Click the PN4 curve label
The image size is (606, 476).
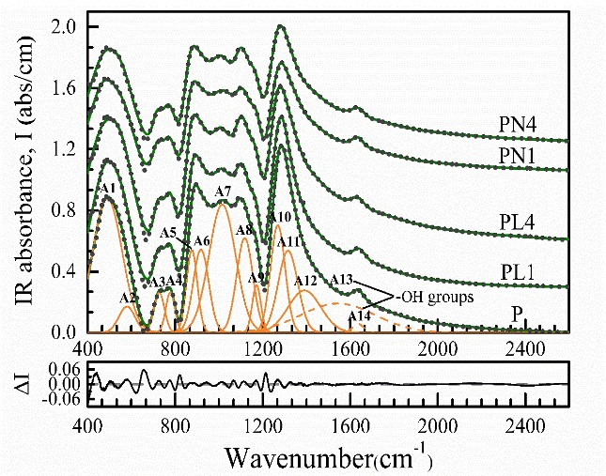click(x=518, y=123)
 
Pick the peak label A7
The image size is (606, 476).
click(x=223, y=192)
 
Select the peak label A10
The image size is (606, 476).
click(x=279, y=218)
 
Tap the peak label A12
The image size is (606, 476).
click(x=305, y=281)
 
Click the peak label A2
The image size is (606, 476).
click(x=129, y=298)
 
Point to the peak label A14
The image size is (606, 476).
click(x=360, y=316)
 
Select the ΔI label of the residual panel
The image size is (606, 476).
click(x=20, y=384)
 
